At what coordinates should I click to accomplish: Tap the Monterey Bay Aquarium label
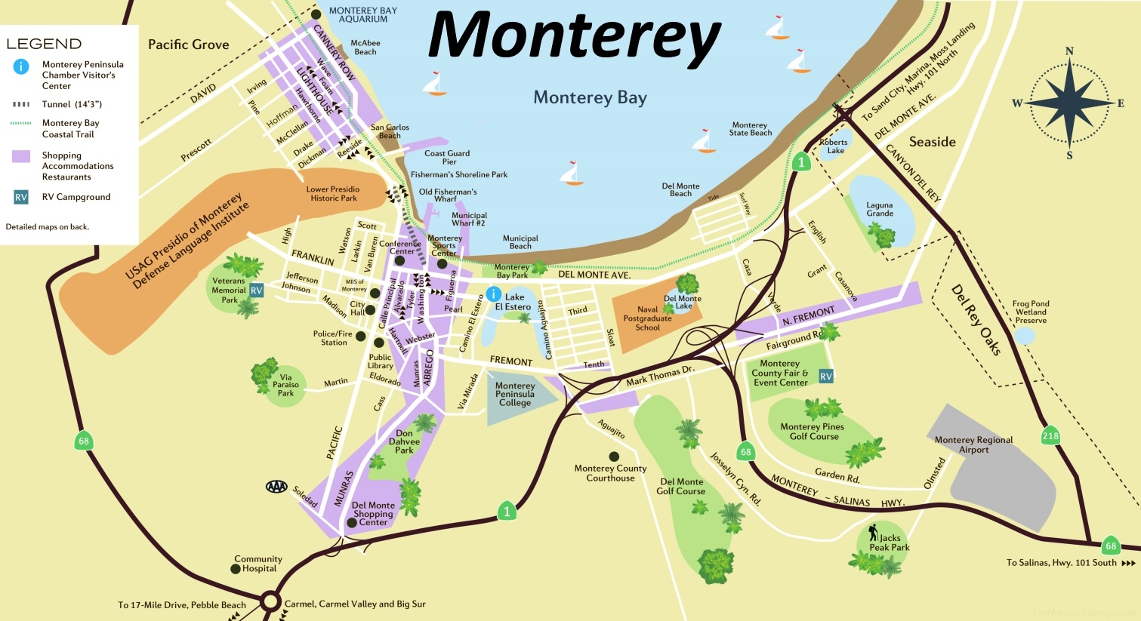[363, 15]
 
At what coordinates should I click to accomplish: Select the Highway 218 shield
[1050, 435]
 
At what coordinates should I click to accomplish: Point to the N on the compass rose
[1069, 51]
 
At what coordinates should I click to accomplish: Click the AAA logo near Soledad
[276, 487]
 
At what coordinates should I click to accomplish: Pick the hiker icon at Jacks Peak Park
[873, 533]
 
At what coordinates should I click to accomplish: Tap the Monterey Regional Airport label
[973, 444]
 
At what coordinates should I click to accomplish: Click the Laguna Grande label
[880, 209]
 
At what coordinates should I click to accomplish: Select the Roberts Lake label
[834, 146]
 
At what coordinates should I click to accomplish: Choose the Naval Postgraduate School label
[647, 318]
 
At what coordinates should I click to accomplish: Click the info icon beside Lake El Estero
[493, 294]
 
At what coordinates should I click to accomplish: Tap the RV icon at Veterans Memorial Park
[257, 290]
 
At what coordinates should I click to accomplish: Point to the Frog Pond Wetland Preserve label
[1031, 312]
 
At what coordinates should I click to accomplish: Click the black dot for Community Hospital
[236, 569]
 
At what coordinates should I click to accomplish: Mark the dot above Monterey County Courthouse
[614, 457]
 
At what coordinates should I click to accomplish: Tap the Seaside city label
[932, 142]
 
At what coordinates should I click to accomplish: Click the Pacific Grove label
[188, 45]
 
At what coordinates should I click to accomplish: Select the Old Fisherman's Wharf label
[448, 195]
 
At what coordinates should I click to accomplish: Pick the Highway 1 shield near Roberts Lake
[801, 161]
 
